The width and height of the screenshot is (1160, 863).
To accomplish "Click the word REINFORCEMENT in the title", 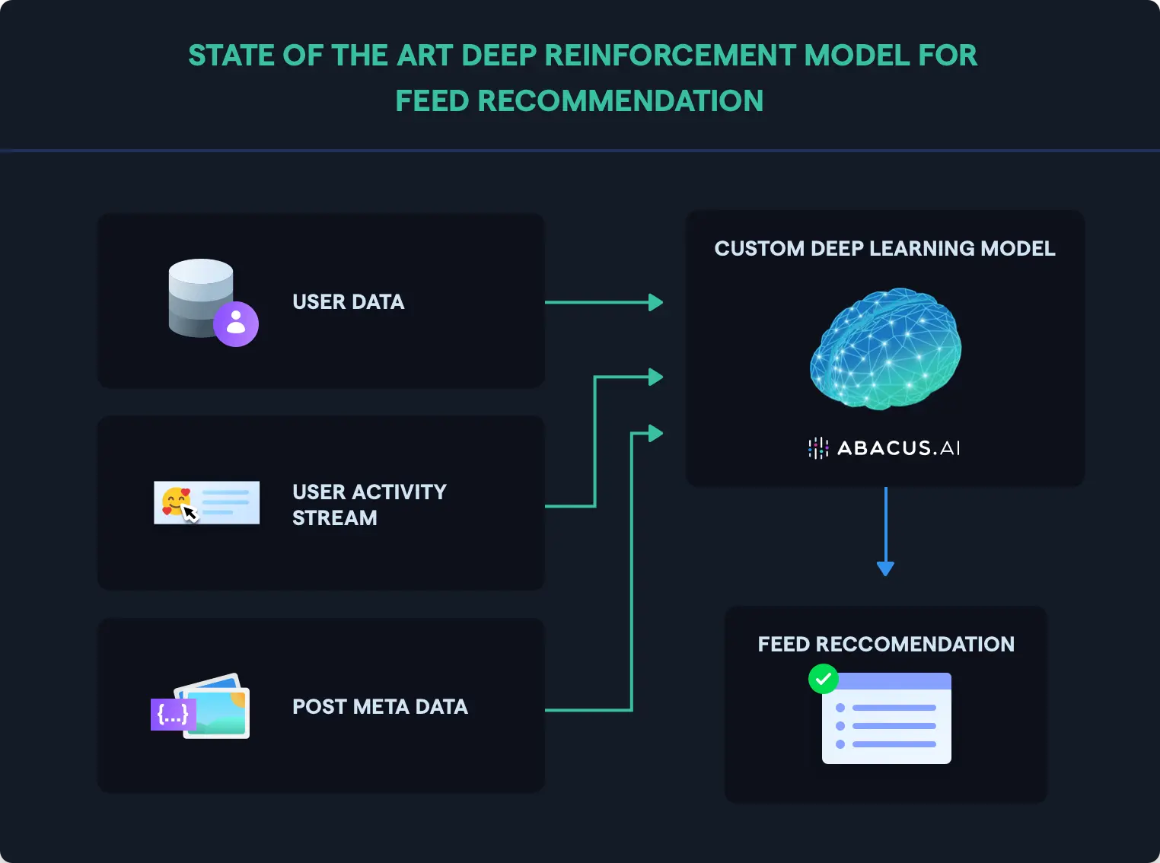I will tap(671, 56).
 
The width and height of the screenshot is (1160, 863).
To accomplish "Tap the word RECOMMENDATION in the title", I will tap(620, 101).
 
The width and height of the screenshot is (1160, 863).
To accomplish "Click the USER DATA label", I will tap(348, 302).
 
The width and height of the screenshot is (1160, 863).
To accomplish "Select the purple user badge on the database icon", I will tap(236, 323).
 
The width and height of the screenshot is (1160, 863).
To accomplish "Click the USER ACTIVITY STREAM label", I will tap(369, 505).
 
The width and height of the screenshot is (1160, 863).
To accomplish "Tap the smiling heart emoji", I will tap(176, 501).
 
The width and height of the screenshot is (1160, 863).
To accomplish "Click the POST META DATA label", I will tap(380, 707).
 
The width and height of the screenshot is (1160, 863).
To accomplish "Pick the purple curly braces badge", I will tap(173, 715).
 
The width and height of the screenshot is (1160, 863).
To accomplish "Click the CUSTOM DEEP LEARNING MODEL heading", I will tap(884, 249).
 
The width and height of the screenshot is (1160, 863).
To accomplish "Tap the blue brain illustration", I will tap(885, 349).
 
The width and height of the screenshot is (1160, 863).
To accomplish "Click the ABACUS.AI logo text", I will tap(898, 448).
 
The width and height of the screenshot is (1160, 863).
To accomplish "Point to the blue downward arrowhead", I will tap(885, 568).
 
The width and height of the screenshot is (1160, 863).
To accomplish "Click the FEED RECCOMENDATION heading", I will tap(886, 645).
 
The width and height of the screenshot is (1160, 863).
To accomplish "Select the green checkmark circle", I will tap(823, 679).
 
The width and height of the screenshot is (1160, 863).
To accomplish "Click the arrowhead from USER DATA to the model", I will tap(655, 303).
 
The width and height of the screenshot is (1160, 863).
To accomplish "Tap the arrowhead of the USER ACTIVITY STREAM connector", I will tap(655, 377).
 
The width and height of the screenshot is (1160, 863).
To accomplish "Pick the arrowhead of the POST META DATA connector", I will tap(655, 434).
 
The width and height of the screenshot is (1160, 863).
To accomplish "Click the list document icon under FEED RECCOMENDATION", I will tap(888, 719).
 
